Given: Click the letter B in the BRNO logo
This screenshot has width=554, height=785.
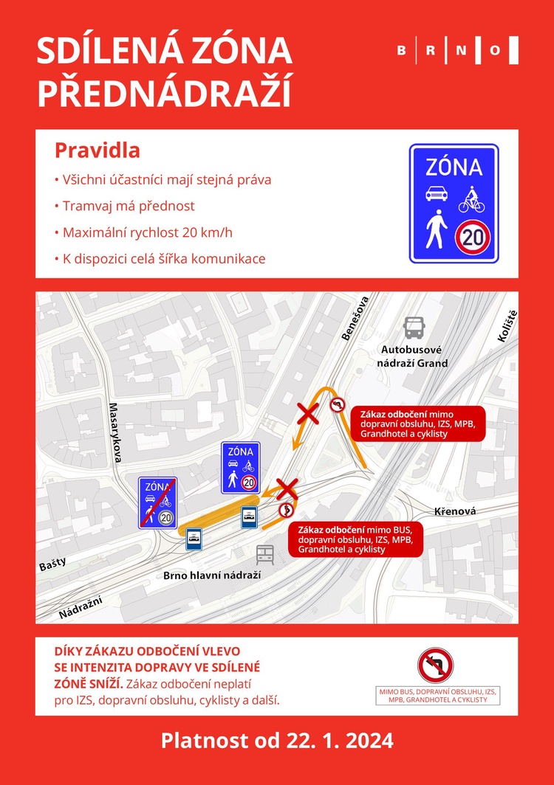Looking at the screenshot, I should [401, 50].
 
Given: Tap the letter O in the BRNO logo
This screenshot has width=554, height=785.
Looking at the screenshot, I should [495, 50].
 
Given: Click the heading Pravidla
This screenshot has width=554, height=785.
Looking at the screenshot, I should [98, 151].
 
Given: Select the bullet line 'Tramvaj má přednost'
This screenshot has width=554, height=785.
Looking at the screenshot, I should [125, 206].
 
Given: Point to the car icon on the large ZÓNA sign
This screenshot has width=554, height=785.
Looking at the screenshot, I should [437, 195].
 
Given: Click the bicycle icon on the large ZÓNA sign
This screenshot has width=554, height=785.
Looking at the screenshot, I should [471, 197].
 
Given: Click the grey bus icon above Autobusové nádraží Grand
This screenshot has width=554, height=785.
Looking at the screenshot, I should [414, 327].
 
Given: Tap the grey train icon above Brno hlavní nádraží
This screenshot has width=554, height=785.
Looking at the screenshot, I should [265, 555].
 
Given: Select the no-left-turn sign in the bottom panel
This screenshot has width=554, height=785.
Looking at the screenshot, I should [435, 665].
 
